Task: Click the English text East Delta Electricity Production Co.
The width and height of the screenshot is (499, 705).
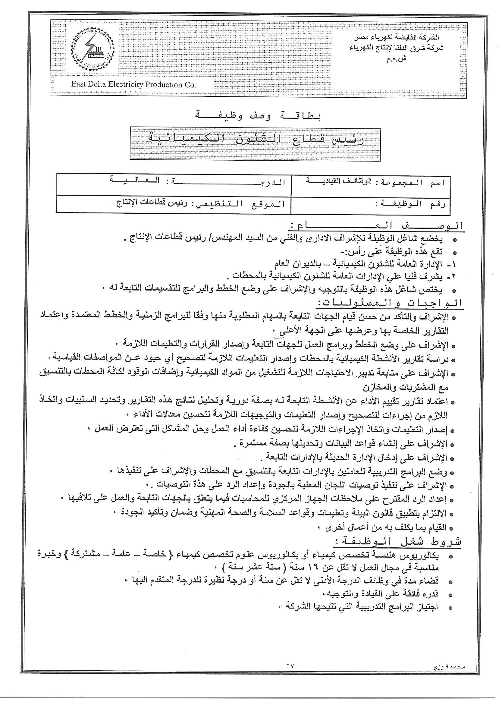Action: (133, 84)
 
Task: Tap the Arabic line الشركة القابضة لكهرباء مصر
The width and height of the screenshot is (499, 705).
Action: (396, 37)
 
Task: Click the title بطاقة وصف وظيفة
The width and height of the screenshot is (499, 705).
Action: (258, 116)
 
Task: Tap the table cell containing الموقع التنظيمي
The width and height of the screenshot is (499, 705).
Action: (200, 203)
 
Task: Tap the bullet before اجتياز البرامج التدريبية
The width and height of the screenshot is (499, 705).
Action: (450, 608)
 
